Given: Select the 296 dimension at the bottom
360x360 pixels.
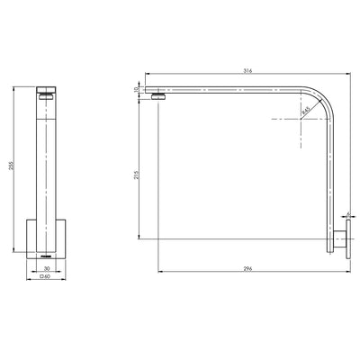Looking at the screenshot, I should pos(247,269).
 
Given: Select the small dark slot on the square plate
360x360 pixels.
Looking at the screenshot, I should pos(45,255).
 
